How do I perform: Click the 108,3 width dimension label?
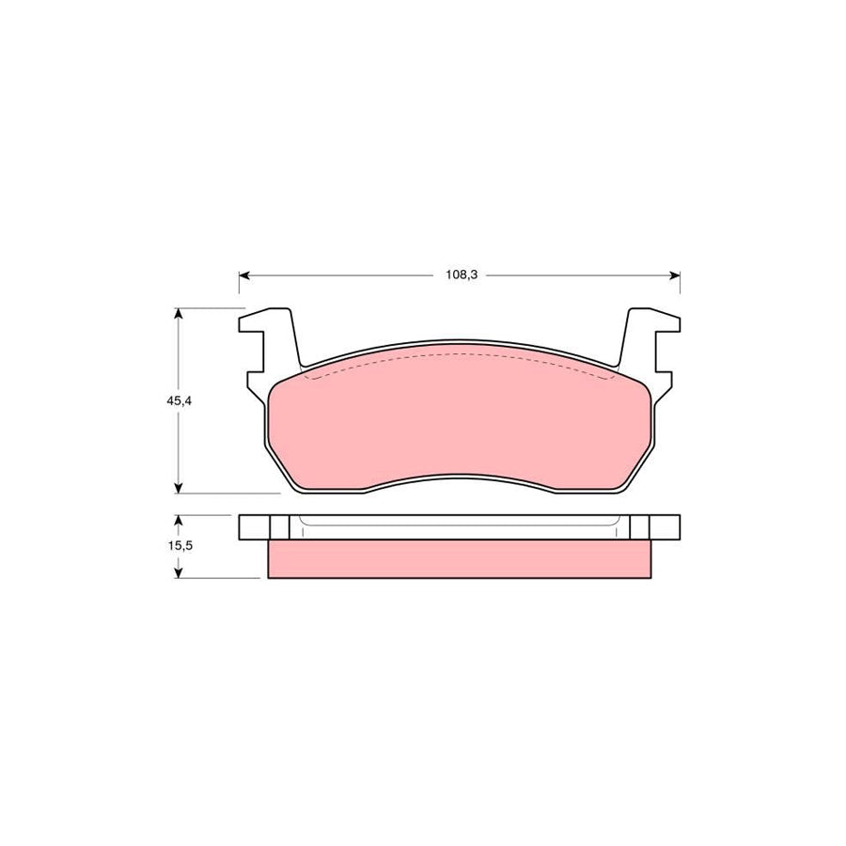[462, 275]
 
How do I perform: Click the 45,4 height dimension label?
[180, 400]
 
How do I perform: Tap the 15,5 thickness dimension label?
[180, 545]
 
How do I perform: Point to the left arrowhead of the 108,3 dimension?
[243, 275]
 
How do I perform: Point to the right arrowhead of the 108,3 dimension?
[674, 275]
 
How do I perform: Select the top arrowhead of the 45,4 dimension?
[179, 313]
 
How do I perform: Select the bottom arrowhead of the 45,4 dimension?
[179, 488]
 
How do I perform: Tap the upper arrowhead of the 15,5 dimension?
[179, 520]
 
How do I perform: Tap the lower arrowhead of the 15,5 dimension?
[179, 573]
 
